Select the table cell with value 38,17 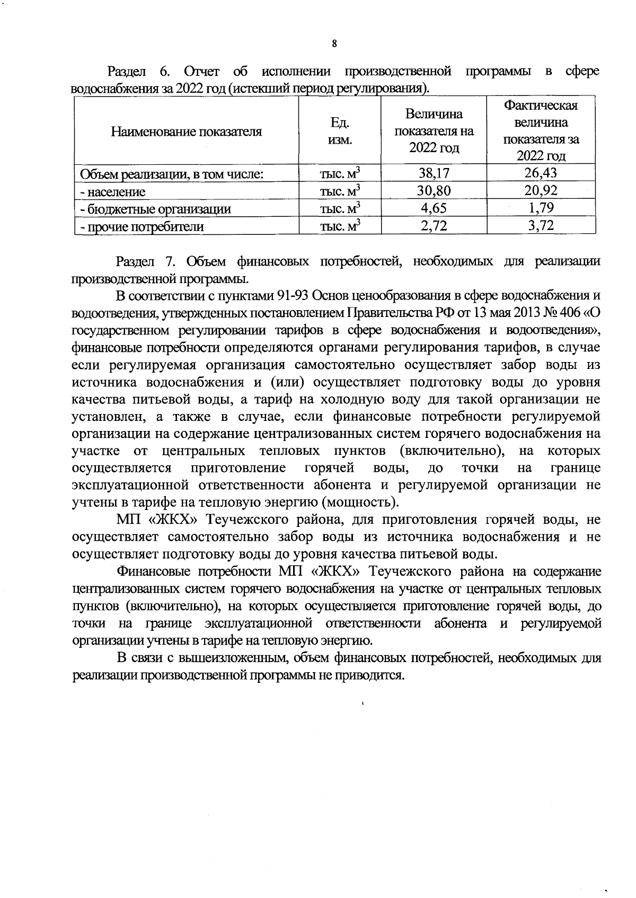click(434, 173)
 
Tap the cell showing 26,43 click(541, 173)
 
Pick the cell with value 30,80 click(434, 191)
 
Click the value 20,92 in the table click(541, 191)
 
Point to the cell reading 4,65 click(434, 208)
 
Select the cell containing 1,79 click(541, 208)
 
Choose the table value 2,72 click(434, 226)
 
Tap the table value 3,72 click(541, 226)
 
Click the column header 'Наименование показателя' click(187, 131)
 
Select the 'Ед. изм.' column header click(340, 131)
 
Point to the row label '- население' click(112, 191)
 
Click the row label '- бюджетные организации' click(155, 209)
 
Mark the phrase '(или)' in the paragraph click(288, 382)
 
